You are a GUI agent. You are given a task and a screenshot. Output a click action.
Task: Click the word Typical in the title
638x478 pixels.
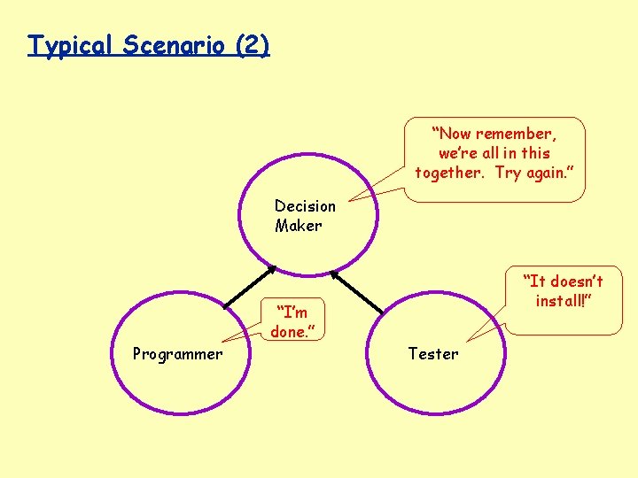pyautogui.click(x=72, y=45)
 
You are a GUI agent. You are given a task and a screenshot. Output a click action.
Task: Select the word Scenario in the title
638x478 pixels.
pyautogui.click(x=174, y=45)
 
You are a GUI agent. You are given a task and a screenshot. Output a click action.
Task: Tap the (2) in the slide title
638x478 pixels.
pyautogui.click(x=253, y=45)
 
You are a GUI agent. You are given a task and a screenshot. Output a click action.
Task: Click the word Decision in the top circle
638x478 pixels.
pyautogui.click(x=305, y=206)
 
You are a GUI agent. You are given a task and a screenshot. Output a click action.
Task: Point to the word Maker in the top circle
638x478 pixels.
pyautogui.click(x=298, y=226)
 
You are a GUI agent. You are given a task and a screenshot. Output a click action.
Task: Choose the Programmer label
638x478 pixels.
pyautogui.click(x=177, y=354)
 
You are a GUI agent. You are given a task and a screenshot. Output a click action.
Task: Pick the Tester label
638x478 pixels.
pyautogui.click(x=433, y=354)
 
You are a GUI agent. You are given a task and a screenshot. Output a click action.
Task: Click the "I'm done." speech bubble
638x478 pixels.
pyautogui.click(x=292, y=321)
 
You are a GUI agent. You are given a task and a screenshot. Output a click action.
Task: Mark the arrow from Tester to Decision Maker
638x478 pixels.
pyautogui.click(x=356, y=290)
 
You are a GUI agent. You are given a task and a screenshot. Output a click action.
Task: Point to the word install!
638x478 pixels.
pyautogui.click(x=563, y=301)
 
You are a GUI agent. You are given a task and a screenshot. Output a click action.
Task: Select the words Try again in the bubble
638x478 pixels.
pyautogui.click(x=535, y=173)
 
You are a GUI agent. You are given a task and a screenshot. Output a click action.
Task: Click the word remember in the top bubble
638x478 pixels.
pyautogui.click(x=516, y=134)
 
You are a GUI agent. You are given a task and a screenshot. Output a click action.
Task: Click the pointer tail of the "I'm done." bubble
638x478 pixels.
pyautogui.click(x=244, y=336)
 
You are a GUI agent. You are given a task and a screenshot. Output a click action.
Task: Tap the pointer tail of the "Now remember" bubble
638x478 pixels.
pyautogui.click(x=372, y=190)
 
